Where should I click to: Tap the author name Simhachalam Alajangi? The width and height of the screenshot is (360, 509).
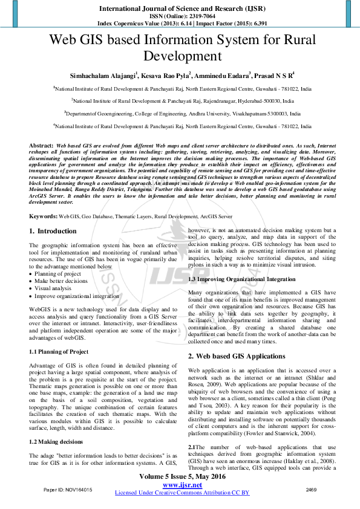point(103,76)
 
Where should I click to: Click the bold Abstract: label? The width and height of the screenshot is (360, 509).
point(41,146)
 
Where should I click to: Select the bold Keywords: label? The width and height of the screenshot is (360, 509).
point(44,216)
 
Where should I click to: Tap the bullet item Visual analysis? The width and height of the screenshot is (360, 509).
point(54,289)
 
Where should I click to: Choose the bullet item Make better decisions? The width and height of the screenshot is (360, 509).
point(60,281)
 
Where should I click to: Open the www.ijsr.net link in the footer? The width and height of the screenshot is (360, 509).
point(182,485)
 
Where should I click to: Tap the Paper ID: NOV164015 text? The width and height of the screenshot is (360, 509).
point(68,489)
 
